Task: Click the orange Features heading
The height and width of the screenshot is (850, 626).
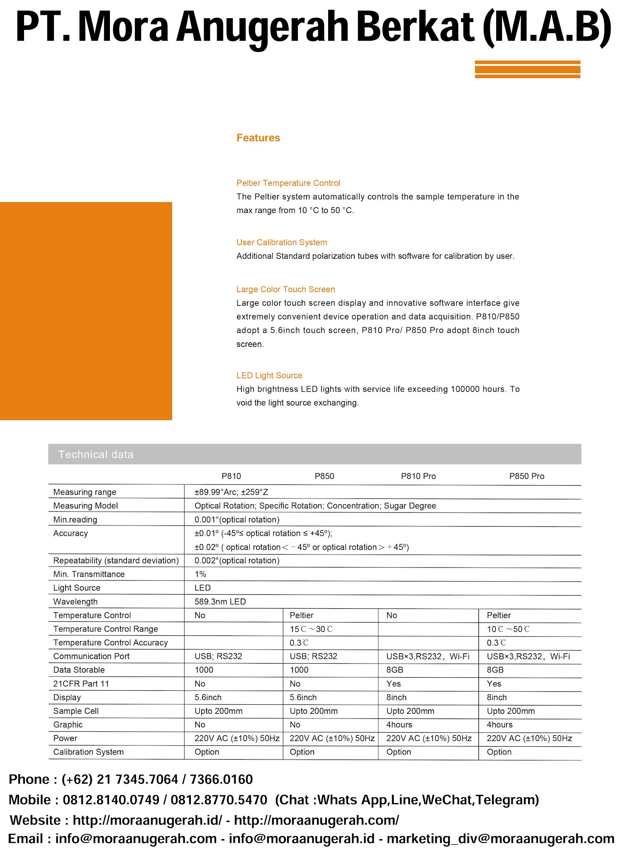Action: (x=258, y=138)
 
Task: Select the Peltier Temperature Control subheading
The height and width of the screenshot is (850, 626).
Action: (x=288, y=183)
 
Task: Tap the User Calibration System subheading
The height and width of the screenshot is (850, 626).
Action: (x=282, y=242)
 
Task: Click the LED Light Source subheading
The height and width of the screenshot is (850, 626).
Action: (x=269, y=376)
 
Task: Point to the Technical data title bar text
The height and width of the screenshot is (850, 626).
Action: (x=96, y=454)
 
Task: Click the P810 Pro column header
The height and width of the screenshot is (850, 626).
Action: (x=418, y=476)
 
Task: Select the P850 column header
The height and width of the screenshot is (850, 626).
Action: (x=324, y=476)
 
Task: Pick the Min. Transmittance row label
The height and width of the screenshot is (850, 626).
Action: (x=89, y=574)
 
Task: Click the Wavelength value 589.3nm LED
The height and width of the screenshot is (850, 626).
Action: (x=220, y=601)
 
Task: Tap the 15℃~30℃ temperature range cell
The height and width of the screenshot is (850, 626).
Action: (x=311, y=629)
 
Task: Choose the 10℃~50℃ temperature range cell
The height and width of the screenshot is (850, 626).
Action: (x=508, y=629)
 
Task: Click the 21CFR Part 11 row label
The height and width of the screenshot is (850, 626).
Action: (x=81, y=684)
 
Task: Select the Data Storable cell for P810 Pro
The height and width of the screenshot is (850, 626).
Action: (x=395, y=670)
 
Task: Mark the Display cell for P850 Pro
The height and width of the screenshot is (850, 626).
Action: (x=497, y=697)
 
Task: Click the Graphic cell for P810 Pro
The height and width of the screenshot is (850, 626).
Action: (x=399, y=725)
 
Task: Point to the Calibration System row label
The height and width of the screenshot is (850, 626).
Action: (x=88, y=752)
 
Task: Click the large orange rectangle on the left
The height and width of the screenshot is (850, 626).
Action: (x=86, y=311)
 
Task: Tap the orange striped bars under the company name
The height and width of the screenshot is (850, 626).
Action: (x=527, y=69)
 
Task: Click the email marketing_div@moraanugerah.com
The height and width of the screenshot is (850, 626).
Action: (x=500, y=838)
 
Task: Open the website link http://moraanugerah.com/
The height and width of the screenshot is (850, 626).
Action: (x=317, y=820)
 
